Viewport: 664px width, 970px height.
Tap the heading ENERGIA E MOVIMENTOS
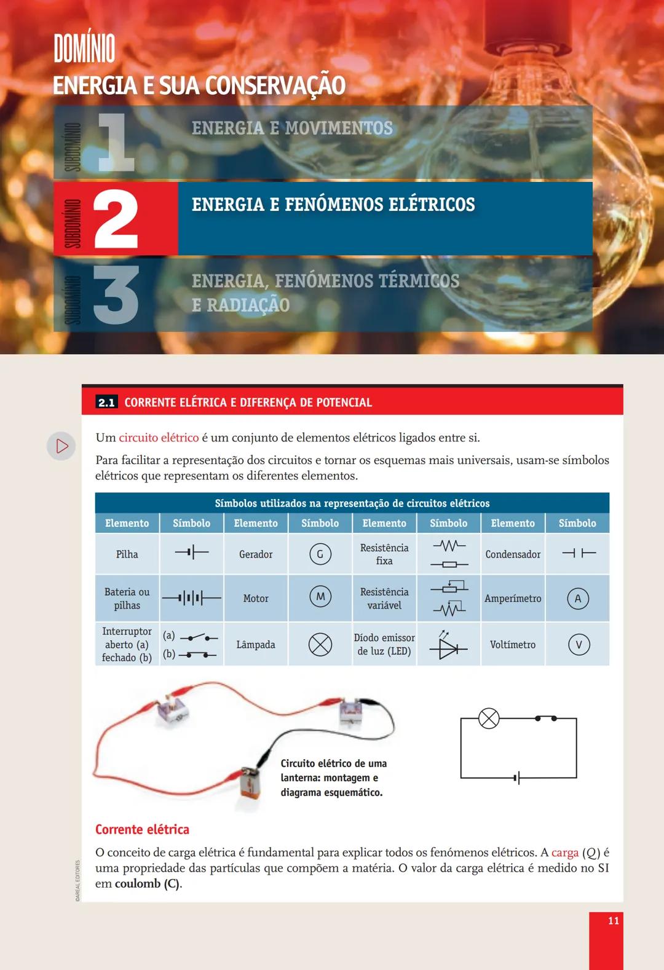pos(292,128)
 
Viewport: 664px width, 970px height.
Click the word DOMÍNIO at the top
pos(84,49)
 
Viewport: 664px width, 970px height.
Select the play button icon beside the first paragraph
pos(61,446)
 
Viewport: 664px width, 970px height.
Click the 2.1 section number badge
pos(106,403)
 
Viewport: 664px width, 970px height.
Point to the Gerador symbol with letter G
pos(320,554)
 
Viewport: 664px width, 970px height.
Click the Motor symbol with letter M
pos(320,597)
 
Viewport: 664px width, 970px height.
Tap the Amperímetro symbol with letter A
pos(577,599)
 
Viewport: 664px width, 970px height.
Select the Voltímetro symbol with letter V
pos(578,645)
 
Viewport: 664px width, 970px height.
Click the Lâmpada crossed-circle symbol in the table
pos(320,644)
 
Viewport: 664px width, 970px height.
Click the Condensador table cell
pos(513,554)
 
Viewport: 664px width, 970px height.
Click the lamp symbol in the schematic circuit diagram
pos(489,718)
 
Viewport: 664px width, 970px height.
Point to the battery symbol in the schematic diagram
pos(518,778)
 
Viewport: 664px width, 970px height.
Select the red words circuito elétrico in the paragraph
pos(159,438)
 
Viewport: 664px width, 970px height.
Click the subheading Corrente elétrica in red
pos(142,829)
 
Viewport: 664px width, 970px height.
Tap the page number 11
pos(613,920)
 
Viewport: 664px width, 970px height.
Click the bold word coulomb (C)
pos(148,884)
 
